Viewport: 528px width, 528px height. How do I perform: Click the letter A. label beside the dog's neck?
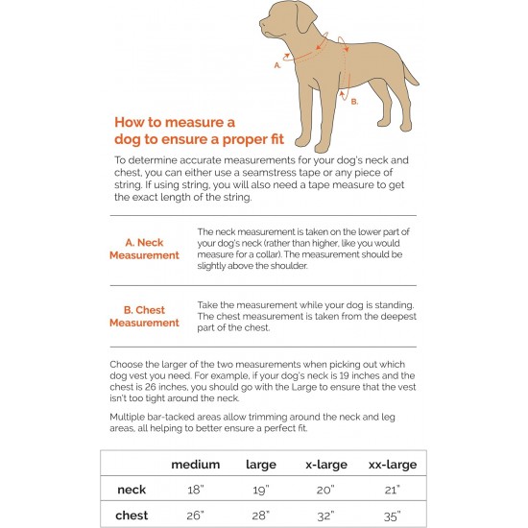pyautogui.click(x=277, y=65)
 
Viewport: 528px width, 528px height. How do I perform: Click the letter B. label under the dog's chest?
pyautogui.click(x=354, y=102)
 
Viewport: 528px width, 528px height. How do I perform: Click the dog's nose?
pyautogui.click(x=261, y=22)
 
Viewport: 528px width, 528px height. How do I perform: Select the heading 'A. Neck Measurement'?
pyautogui.click(x=144, y=249)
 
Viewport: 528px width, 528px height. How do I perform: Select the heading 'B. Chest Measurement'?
pyautogui.click(x=144, y=316)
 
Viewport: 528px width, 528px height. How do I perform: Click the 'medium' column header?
pyautogui.click(x=195, y=465)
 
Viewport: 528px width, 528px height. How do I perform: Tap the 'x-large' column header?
pyautogui.click(x=326, y=465)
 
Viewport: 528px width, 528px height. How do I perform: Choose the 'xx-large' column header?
pyautogui.click(x=393, y=465)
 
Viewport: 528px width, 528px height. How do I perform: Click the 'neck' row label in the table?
pyautogui.click(x=132, y=490)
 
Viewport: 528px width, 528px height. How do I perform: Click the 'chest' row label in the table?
pyautogui.click(x=132, y=516)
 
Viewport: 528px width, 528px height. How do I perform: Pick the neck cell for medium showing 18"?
pyautogui.click(x=196, y=490)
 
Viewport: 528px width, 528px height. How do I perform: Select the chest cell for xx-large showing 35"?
pyautogui.click(x=393, y=516)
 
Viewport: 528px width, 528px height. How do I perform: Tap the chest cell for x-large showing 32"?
pyautogui.click(x=325, y=516)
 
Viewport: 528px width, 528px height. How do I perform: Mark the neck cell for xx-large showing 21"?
pyautogui.click(x=393, y=490)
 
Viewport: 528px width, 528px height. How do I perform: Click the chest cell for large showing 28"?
pyautogui.click(x=260, y=516)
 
